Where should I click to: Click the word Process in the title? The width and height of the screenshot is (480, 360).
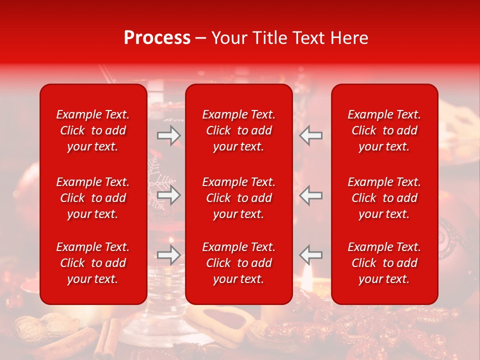pyautogui.click(x=157, y=38)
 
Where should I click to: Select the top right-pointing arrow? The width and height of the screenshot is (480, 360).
pyautogui.click(x=169, y=135)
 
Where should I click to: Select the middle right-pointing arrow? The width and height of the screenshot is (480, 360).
pyautogui.click(x=169, y=195)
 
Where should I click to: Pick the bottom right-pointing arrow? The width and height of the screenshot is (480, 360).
pyautogui.click(x=169, y=255)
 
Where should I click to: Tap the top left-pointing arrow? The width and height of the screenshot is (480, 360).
pyautogui.click(x=311, y=135)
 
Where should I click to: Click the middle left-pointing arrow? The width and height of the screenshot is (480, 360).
pyautogui.click(x=311, y=195)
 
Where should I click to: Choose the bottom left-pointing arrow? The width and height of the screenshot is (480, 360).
pyautogui.click(x=311, y=254)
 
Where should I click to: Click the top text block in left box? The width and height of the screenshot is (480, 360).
pyautogui.click(x=92, y=130)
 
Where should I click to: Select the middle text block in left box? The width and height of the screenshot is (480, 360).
pyautogui.click(x=92, y=198)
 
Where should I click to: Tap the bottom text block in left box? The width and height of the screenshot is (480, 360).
pyautogui.click(x=92, y=263)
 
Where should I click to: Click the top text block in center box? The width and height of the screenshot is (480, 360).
pyautogui.click(x=238, y=130)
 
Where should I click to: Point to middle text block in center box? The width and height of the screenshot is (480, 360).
pyautogui.click(x=238, y=198)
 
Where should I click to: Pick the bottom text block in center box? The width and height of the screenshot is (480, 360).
pyautogui.click(x=238, y=263)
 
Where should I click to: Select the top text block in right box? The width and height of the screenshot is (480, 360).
pyautogui.click(x=384, y=130)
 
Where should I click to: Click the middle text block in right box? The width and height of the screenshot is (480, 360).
pyautogui.click(x=384, y=198)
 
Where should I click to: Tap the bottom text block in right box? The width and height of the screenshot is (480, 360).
pyautogui.click(x=384, y=263)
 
